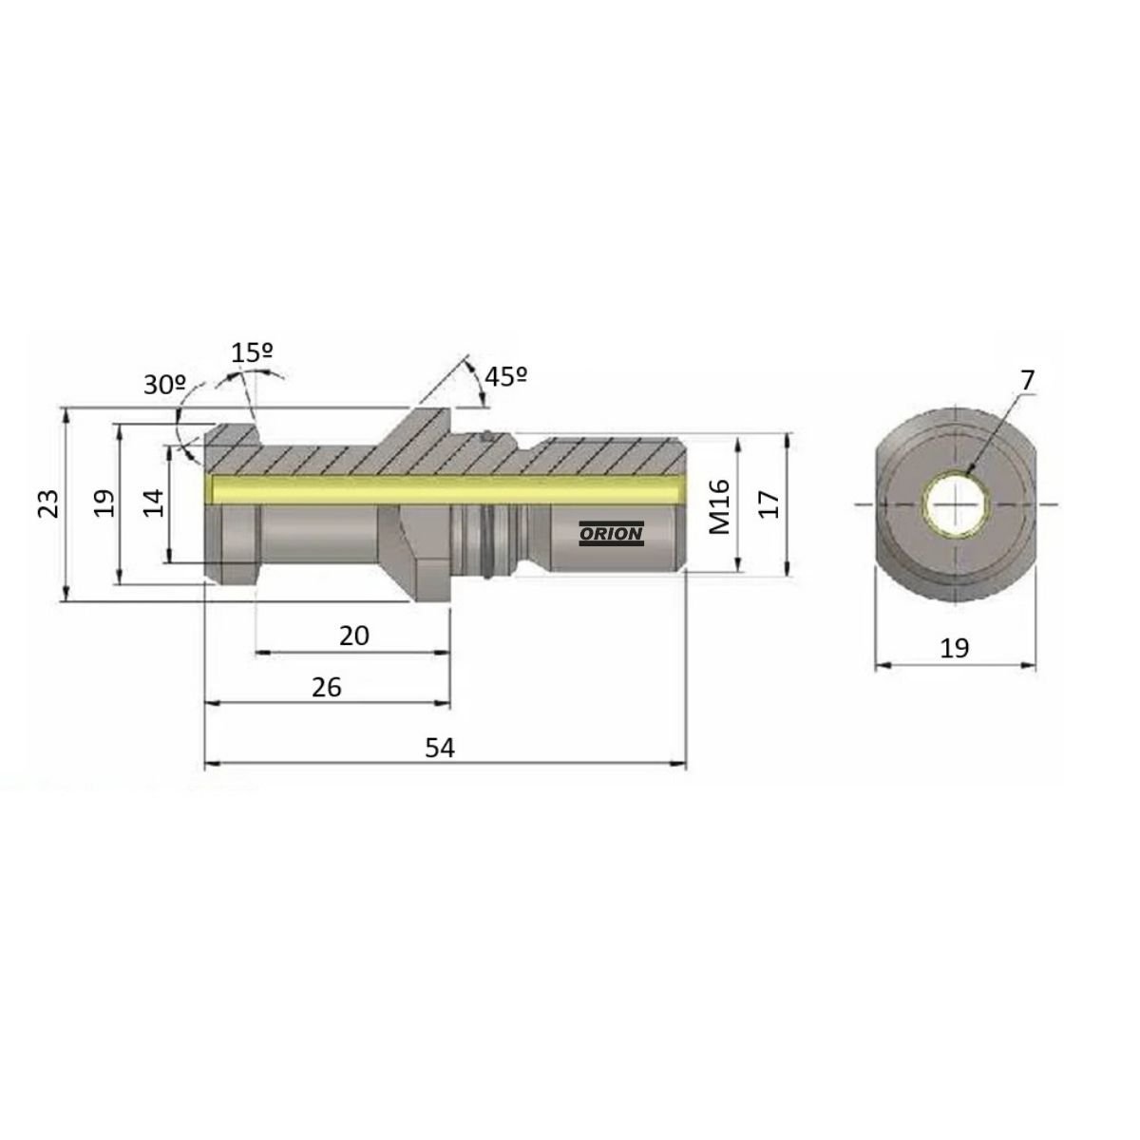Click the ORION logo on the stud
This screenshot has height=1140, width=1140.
click(611, 534)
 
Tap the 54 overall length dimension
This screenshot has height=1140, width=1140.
click(440, 748)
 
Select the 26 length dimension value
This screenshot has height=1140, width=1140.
click(326, 688)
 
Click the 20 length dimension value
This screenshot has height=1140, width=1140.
click(353, 636)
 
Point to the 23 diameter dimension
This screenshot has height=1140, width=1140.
click(48, 503)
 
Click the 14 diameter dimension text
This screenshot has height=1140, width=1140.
click(154, 503)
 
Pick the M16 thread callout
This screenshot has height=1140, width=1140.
click(719, 506)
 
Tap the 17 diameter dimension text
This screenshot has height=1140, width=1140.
click(769, 504)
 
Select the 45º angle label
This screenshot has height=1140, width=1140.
click(505, 376)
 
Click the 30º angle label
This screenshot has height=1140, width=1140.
click(165, 385)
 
